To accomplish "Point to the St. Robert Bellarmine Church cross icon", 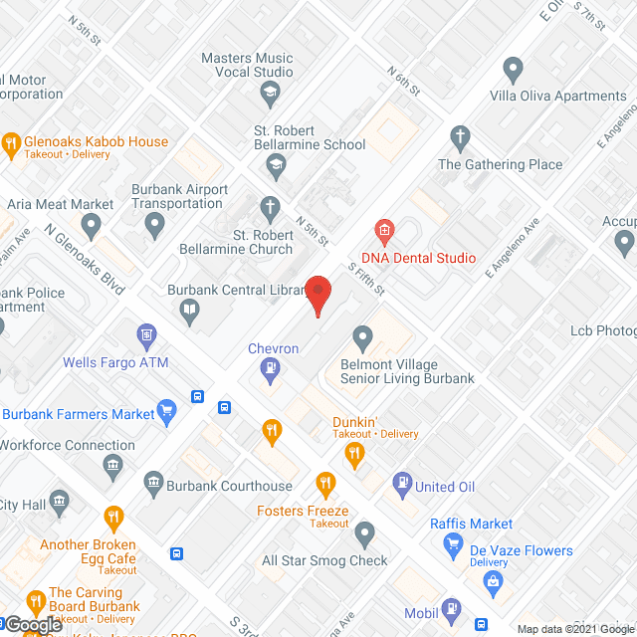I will (269, 209).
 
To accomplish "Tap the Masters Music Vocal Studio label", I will (247, 65).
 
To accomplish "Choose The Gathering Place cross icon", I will (459, 136).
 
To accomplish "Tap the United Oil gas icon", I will (402, 485).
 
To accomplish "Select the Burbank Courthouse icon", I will (153, 485).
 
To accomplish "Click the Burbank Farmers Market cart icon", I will (167, 409).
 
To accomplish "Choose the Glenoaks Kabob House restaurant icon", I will (12, 142).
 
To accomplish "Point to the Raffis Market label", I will (472, 524).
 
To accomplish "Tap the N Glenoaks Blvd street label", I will (85, 256).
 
